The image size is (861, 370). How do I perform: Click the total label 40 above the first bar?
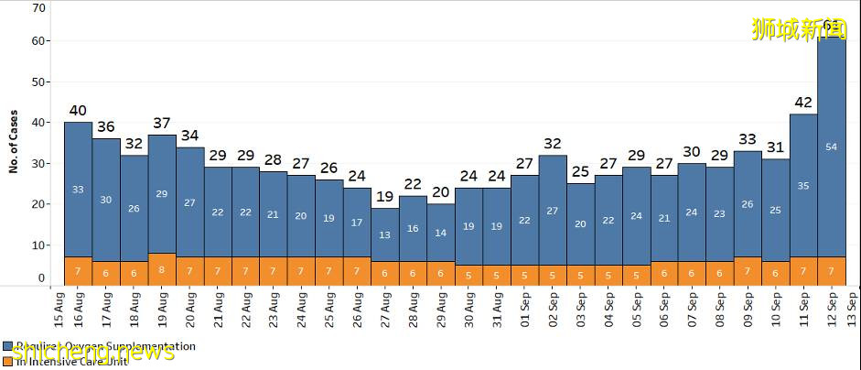(x=78, y=111)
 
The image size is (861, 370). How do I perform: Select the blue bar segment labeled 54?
(x=831, y=147)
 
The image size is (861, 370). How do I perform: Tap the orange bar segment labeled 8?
(x=162, y=269)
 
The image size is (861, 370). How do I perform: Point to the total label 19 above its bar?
(x=385, y=196)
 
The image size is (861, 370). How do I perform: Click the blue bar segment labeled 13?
(x=385, y=234)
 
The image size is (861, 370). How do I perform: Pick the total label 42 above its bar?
(x=803, y=103)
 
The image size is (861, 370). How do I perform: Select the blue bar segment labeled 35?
(x=803, y=185)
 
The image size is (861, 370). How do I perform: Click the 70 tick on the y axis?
(x=38, y=8)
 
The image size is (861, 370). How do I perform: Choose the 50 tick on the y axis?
(x=38, y=82)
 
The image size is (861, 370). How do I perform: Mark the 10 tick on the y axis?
(x=38, y=245)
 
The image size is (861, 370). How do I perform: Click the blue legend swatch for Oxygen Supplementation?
(x=6, y=347)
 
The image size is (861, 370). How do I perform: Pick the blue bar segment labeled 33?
(x=78, y=190)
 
